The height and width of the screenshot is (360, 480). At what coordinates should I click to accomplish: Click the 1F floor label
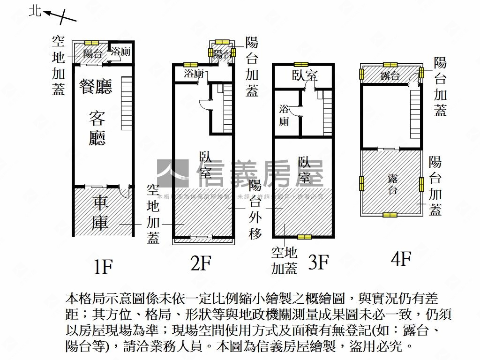click(x=103, y=266)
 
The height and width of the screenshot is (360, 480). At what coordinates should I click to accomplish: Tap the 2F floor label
click(x=200, y=263)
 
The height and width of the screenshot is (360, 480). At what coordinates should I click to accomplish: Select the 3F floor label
click(x=318, y=262)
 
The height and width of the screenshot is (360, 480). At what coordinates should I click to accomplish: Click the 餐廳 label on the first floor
click(x=96, y=87)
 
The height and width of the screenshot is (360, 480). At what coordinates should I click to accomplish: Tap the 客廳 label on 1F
click(x=97, y=128)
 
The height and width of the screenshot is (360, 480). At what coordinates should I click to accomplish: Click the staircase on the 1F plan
click(x=127, y=103)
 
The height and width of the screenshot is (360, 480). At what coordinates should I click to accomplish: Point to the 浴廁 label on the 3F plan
click(x=284, y=115)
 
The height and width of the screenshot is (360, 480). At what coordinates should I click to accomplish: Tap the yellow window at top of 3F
click(x=300, y=64)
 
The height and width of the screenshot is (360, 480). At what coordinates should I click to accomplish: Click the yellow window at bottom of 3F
click(x=304, y=237)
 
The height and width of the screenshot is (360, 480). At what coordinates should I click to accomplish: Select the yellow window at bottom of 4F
click(x=390, y=215)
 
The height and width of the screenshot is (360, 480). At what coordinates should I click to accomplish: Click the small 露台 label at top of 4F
click(x=390, y=76)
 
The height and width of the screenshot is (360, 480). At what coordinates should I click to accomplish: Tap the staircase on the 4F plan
click(x=415, y=115)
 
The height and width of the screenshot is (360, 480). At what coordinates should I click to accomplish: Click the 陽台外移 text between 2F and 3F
click(x=255, y=209)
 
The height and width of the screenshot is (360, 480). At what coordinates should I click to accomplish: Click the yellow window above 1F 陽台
click(x=91, y=43)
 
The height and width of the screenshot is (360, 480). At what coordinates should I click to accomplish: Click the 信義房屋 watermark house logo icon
click(x=172, y=174)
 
